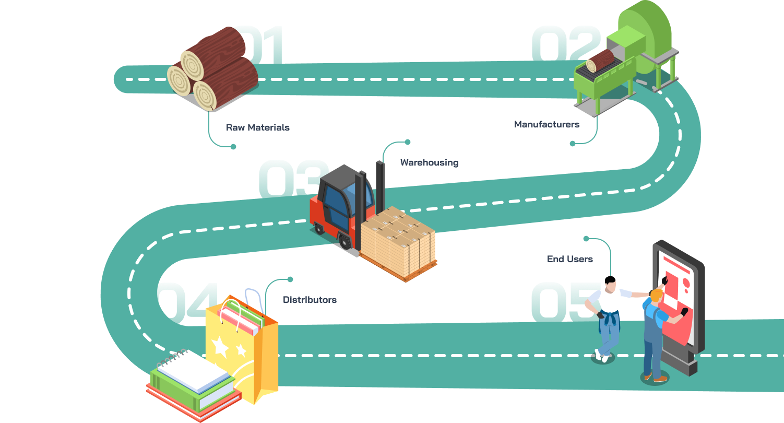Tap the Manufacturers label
tap(547, 124)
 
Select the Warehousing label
tap(429, 162)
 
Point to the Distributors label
tap(310, 300)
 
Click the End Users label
tap(569, 258)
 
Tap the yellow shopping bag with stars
tap(240, 345)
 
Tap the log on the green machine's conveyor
tap(600, 61)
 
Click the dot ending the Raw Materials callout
tap(233, 147)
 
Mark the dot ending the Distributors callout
tap(290, 279)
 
